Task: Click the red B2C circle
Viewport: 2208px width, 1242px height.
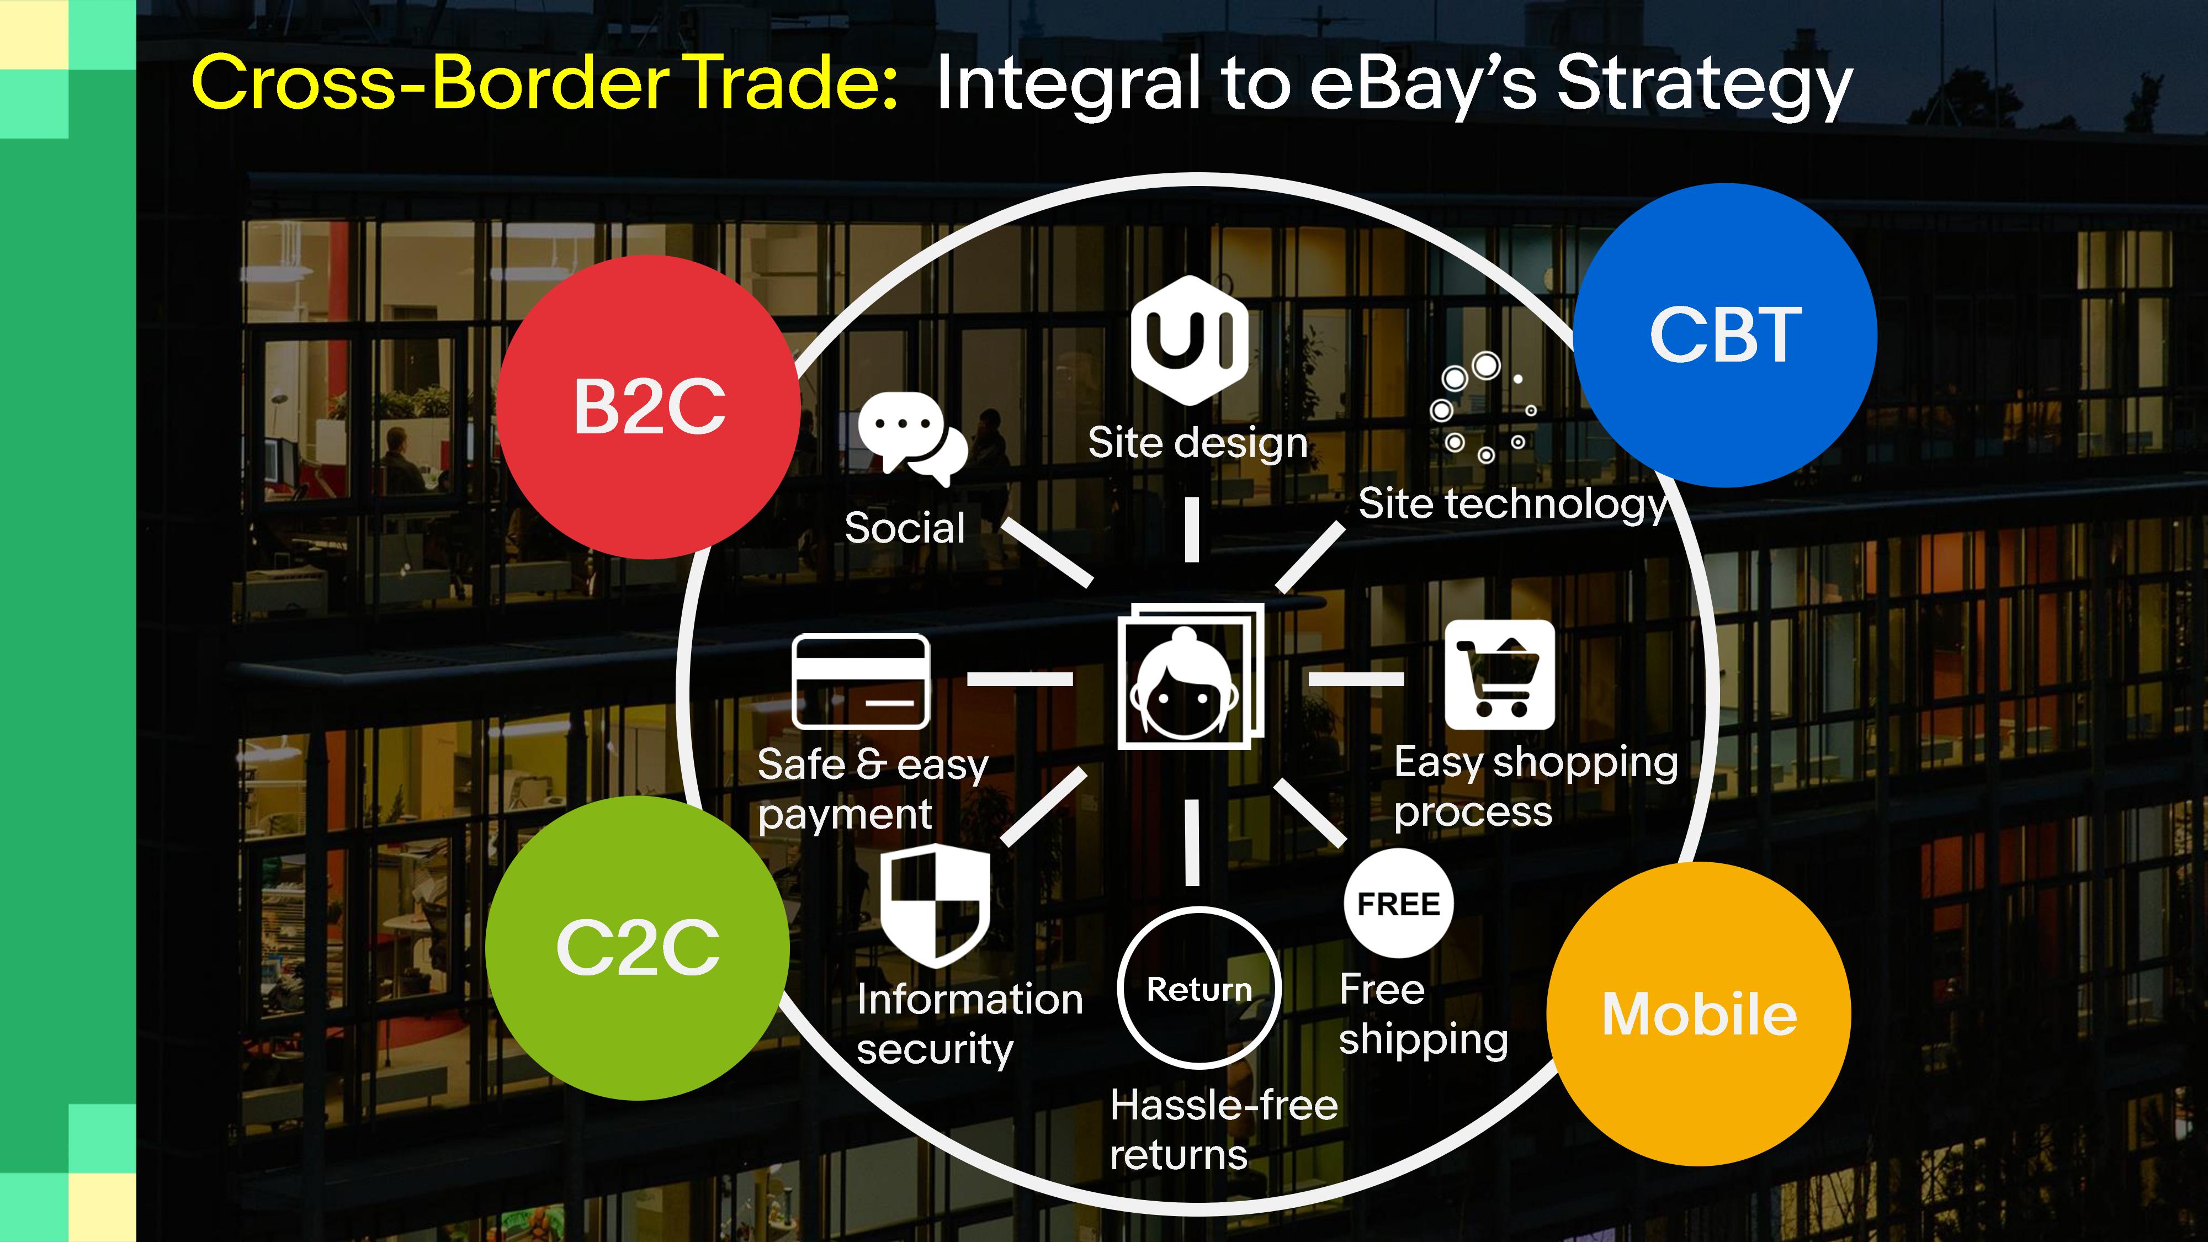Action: (649, 407)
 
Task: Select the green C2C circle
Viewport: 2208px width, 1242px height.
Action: (638, 948)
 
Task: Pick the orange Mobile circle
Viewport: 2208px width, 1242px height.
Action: (1699, 1014)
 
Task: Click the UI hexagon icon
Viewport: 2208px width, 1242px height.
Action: (1189, 340)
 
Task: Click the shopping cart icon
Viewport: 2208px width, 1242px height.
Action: (1499, 675)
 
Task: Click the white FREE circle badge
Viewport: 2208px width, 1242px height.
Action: (1399, 904)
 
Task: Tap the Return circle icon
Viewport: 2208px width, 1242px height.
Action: (1199, 988)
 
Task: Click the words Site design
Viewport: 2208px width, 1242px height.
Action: (1197, 443)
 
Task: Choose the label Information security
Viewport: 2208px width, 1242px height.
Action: (969, 1025)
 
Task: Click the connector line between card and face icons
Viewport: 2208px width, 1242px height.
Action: (1020, 679)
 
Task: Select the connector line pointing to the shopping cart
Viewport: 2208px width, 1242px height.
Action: (1356, 679)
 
